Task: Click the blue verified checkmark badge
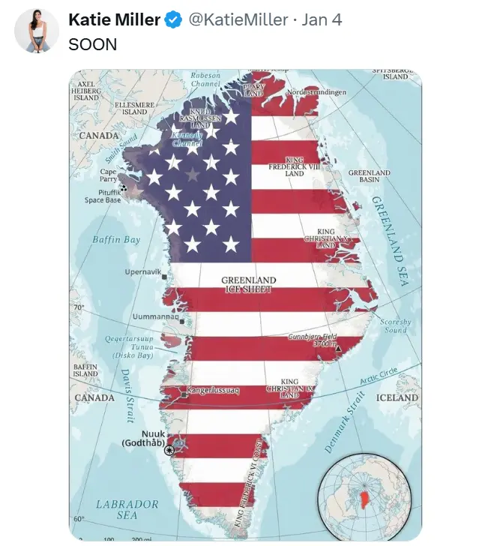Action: click(172, 20)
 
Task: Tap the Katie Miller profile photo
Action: click(36, 31)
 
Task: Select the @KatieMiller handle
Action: click(238, 20)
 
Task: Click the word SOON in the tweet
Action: click(93, 44)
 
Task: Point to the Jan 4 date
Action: click(322, 20)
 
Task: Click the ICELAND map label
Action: click(397, 397)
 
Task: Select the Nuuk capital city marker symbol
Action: click(169, 449)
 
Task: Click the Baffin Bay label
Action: click(116, 240)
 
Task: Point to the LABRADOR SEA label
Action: click(127, 509)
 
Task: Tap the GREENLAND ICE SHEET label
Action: click(249, 284)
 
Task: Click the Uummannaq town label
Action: click(156, 316)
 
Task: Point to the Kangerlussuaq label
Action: click(211, 391)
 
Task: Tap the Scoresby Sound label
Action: click(395, 325)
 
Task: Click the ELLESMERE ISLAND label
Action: click(135, 108)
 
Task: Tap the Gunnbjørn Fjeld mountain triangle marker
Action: click(338, 348)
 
